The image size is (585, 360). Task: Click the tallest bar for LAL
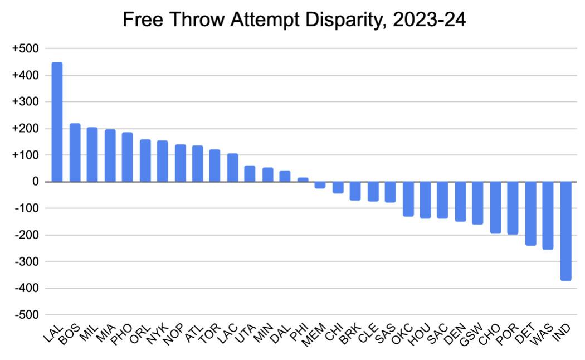pyautogui.click(x=57, y=122)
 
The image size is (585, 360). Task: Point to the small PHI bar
pyautogui.click(x=303, y=179)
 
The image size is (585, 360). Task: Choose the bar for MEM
pyautogui.click(x=320, y=184)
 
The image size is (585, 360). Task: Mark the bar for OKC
pyautogui.click(x=408, y=198)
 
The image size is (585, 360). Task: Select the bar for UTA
pyautogui.click(x=250, y=174)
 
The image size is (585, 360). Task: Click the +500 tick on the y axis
pyautogui.click(x=25, y=49)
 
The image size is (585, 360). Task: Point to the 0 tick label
pyautogui.click(x=35, y=182)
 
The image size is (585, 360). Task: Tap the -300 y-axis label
pyautogui.click(x=26, y=262)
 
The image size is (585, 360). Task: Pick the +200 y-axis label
pyautogui.click(x=25, y=129)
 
